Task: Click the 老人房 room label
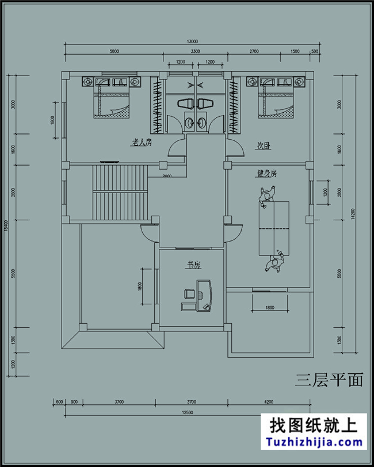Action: (141, 142)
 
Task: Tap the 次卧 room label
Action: (264, 147)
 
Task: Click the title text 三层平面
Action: (329, 380)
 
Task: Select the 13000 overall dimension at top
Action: (192, 41)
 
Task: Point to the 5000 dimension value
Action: (113, 52)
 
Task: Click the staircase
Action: (121, 193)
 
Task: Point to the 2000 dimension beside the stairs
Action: (166, 176)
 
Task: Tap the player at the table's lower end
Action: (275, 262)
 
